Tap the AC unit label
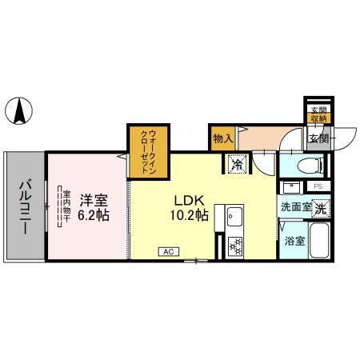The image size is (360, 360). coord(168,251)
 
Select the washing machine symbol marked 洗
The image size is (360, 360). coord(320,208)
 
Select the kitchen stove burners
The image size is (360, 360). coord(236,246)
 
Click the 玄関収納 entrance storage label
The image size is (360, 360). coord(318,114)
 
